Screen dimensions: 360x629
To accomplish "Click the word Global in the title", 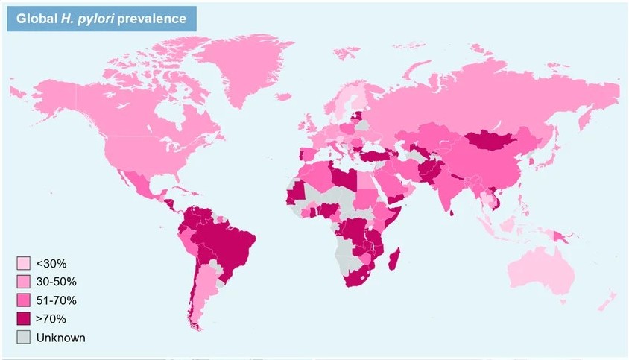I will (x=34, y=19).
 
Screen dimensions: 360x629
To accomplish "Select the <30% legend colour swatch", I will (x=23, y=263).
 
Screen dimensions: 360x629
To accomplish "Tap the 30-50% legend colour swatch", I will (x=23, y=282).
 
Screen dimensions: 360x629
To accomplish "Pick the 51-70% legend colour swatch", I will (x=23, y=300).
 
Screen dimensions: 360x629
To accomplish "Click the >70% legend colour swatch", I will (x=23, y=319).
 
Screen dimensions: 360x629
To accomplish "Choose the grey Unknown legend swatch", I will (x=23, y=338).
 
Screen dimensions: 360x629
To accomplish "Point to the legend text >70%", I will (x=51, y=319).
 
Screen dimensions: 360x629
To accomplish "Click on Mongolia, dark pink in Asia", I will (x=492, y=141).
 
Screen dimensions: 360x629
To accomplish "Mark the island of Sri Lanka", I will (x=453, y=211).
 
